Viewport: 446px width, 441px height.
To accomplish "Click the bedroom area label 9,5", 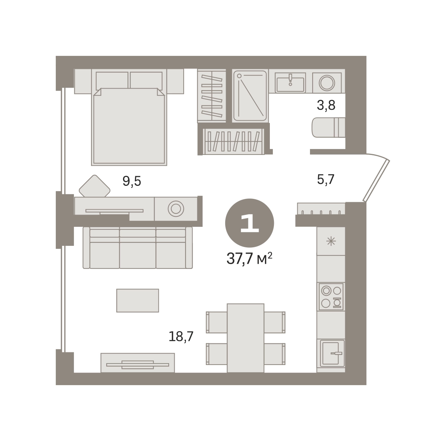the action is (132, 181).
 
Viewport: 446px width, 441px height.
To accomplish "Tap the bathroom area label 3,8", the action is (326, 105).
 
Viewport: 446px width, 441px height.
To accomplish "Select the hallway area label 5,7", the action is (326, 179).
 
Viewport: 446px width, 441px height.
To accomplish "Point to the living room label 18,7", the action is (181, 336).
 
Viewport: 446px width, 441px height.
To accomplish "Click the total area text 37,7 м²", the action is (249, 258).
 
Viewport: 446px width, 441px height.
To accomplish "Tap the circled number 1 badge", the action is (249, 223).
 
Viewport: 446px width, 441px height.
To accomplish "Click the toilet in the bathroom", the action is (328, 127).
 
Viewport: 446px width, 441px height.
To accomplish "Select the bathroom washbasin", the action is (290, 83).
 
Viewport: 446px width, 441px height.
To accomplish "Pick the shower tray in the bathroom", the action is (250, 96).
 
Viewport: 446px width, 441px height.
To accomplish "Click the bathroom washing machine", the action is (327, 83).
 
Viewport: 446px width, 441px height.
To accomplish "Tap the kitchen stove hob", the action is (331, 296).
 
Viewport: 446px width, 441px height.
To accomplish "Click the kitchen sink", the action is (332, 353).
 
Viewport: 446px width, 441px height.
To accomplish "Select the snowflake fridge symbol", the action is (331, 242).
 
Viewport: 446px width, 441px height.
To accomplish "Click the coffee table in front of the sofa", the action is (138, 301).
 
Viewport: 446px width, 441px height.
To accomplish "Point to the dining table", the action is (245, 338).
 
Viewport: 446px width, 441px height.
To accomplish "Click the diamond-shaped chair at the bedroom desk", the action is (94, 186).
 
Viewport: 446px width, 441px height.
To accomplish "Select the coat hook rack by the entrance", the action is (321, 209).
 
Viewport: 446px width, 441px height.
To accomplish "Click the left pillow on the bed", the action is (112, 80).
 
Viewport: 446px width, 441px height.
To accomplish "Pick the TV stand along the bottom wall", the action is (138, 363).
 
